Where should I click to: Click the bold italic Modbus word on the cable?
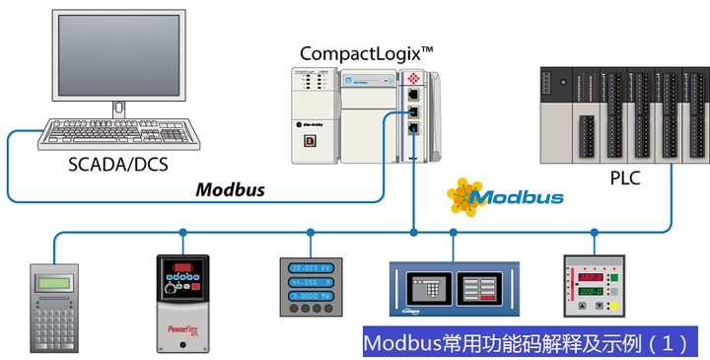[229, 189]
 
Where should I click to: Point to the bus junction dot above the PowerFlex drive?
[182, 233]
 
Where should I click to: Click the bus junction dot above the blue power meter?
[311, 233]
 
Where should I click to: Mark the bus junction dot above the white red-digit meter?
[595, 233]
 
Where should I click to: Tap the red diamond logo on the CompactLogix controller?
[414, 77]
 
